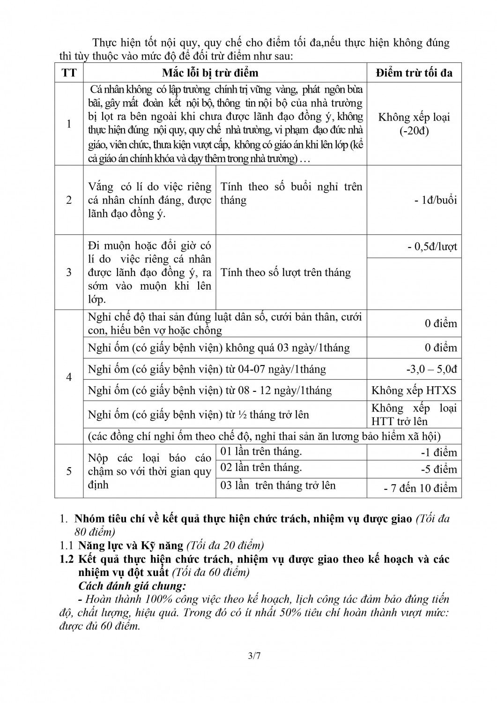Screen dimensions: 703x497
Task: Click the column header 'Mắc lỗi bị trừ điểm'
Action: click(210, 73)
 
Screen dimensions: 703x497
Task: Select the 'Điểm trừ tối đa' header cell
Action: click(414, 73)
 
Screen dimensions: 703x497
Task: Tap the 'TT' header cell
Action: click(69, 73)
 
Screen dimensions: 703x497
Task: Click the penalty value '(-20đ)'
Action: click(414, 131)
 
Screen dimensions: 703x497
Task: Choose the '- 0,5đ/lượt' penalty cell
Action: click(432, 247)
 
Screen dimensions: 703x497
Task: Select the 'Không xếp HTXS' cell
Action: click(414, 390)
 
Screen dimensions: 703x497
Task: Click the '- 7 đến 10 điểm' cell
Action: click(420, 488)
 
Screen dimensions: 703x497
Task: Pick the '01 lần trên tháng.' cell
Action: click(261, 451)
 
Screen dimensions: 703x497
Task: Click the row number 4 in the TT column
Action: click(69, 377)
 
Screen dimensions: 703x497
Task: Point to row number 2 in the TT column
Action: click(69, 200)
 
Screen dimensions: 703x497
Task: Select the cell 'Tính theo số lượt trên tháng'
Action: click(285, 272)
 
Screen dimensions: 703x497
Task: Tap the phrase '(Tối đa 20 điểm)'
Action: click(225, 546)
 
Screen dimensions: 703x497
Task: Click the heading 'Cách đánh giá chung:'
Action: click(133, 586)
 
